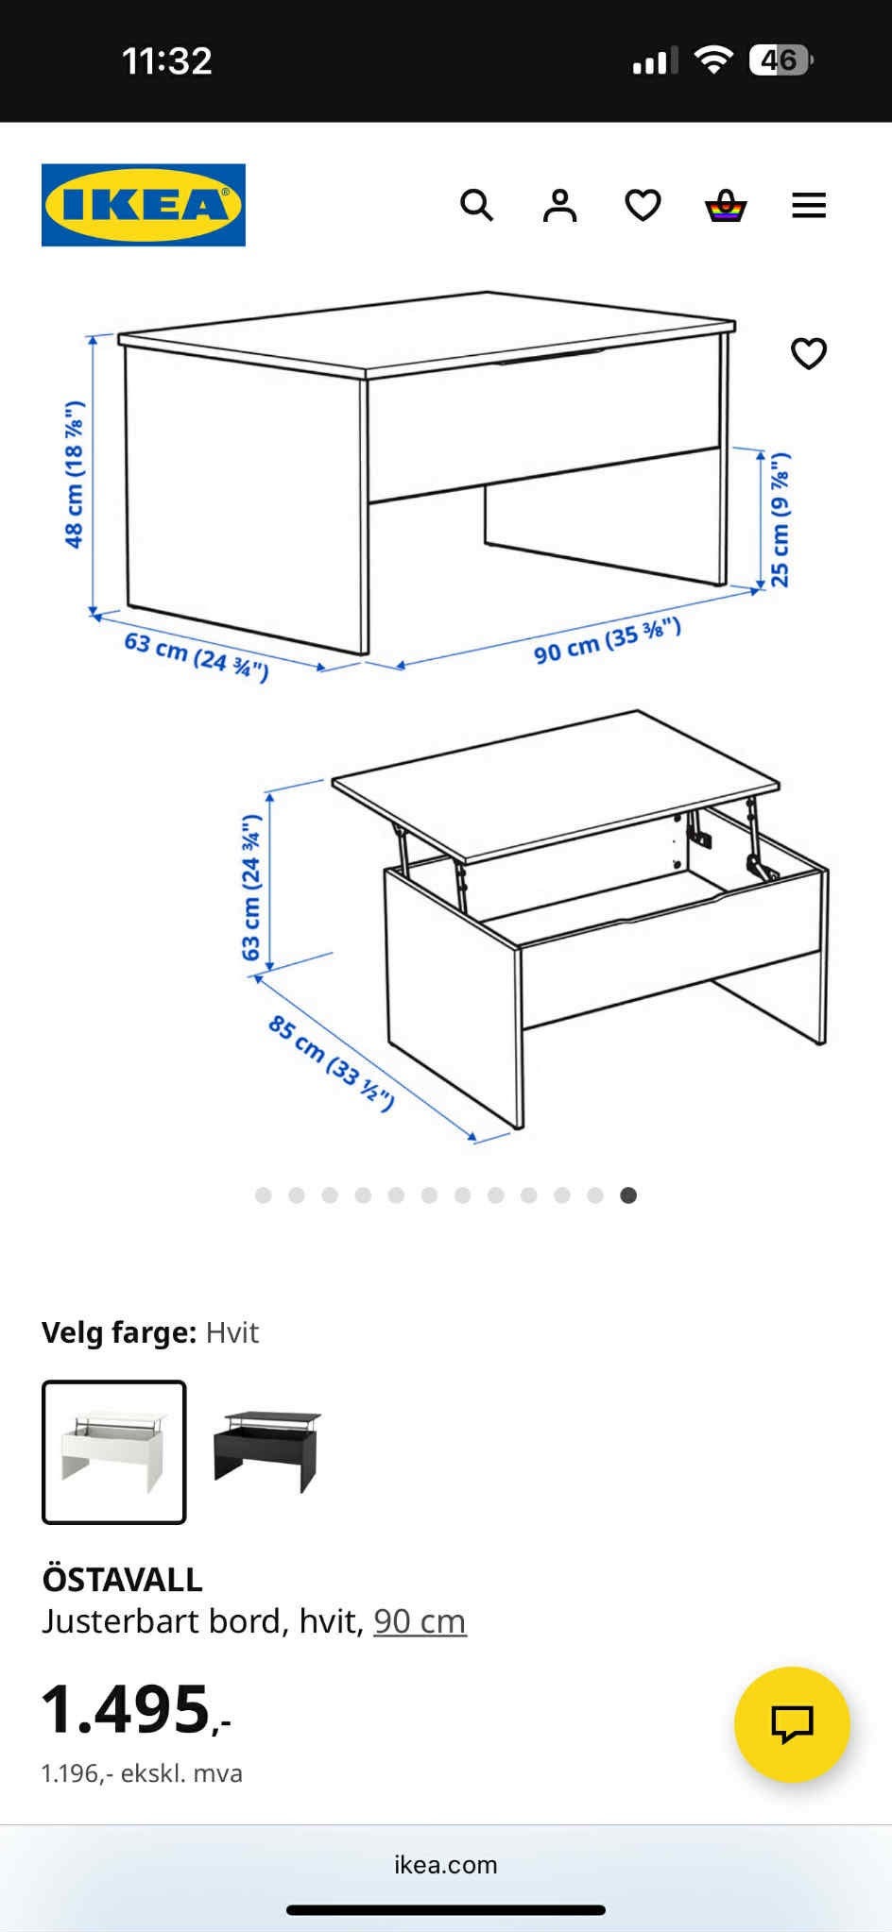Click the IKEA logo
tap(144, 205)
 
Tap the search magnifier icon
tap(476, 205)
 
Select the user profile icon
tap(559, 205)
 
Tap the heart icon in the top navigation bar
tap(643, 205)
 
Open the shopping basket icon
tap(726, 205)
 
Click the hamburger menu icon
tap(809, 205)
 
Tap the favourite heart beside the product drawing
tap(809, 353)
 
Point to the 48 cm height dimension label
tap(74, 474)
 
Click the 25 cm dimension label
tap(780, 519)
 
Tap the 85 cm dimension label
tap(331, 1062)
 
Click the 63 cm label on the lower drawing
tap(251, 888)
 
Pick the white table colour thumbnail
tap(114, 1452)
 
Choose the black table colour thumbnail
tap(268, 1451)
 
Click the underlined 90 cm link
tap(420, 1621)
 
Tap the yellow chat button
tap(792, 1724)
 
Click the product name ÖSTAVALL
tap(122, 1580)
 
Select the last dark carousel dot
tap(628, 1195)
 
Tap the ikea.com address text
tap(446, 1865)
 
